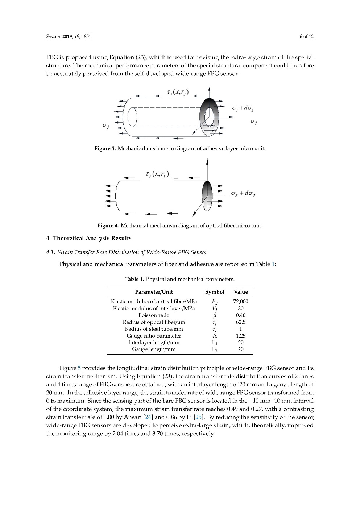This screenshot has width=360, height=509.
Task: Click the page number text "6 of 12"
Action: pos(306,36)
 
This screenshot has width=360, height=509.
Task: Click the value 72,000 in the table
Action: pos(241,301)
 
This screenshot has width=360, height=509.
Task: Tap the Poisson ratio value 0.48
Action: pos(241,315)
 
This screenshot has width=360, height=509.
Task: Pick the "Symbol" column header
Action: pos(215,292)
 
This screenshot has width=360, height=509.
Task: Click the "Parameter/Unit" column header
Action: pos(154,292)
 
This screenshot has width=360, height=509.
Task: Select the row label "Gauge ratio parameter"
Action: pos(154,336)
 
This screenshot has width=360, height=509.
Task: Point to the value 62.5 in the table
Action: pos(241,322)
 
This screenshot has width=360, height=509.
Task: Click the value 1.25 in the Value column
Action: pos(241,336)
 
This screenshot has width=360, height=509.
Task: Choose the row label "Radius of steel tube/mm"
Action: pos(154,329)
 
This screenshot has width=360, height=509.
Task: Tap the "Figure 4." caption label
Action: pos(108,225)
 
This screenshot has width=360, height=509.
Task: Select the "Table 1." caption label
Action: pos(135,279)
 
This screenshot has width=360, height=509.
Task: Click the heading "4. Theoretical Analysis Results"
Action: pos(89,238)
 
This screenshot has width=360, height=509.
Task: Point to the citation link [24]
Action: pos(148,417)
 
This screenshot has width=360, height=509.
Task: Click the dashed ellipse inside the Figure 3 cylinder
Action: pos(132,117)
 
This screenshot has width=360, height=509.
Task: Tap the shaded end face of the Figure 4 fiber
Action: pos(207,196)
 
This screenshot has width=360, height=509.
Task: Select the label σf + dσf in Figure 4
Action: pos(243,193)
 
